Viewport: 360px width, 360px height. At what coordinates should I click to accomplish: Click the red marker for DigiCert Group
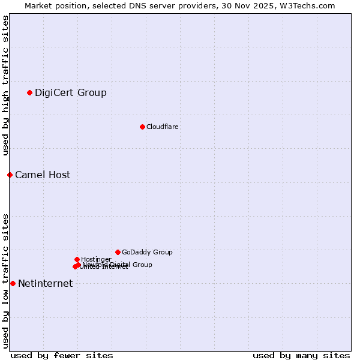(29, 92)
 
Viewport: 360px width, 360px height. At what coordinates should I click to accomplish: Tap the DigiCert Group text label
(71, 92)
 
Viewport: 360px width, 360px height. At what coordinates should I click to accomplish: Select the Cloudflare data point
(142, 127)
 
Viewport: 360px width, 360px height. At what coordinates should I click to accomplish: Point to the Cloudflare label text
(163, 127)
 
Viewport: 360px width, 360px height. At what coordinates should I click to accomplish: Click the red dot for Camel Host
(10, 175)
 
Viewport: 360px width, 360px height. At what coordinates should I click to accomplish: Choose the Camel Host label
(43, 175)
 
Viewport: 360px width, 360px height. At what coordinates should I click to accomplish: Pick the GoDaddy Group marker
(118, 252)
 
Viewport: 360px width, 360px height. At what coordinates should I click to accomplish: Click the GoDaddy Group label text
(147, 252)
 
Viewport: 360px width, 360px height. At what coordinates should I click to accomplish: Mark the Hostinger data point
(77, 259)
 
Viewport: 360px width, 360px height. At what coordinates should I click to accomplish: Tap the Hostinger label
(96, 259)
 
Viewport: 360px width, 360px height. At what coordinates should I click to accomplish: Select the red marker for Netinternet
(13, 283)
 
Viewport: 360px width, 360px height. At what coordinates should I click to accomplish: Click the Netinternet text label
(45, 283)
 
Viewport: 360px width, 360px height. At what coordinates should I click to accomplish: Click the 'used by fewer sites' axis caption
(62, 355)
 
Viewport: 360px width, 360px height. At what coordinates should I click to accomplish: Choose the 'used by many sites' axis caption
(301, 355)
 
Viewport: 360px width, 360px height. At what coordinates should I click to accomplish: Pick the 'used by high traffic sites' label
(5, 85)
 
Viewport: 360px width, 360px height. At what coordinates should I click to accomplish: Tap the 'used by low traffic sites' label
(5, 281)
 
